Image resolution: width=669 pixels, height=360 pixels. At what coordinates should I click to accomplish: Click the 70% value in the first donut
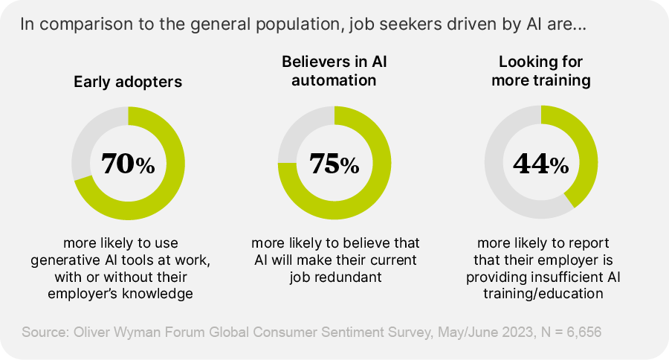coord(128,164)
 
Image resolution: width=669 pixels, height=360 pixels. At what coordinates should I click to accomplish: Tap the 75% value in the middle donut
coord(334,164)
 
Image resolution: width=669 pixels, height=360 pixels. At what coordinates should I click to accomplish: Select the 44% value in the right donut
coord(541,164)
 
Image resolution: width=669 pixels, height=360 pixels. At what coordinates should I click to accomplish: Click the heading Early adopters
coord(128,82)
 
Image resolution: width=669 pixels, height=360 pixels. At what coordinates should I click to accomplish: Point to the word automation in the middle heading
coord(334,80)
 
